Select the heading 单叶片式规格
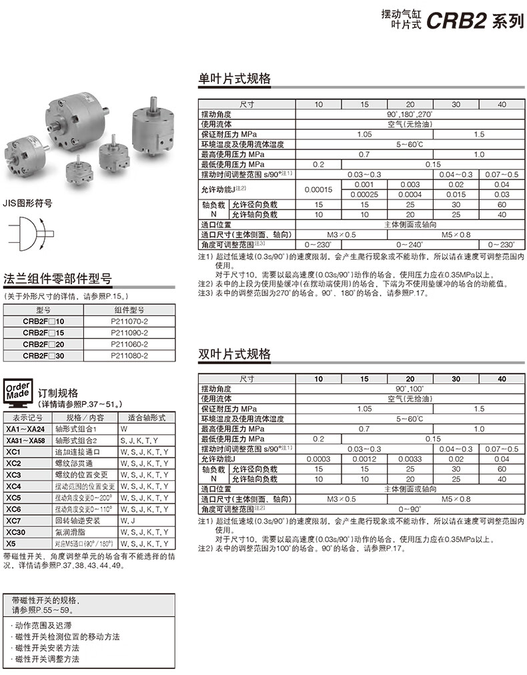235,79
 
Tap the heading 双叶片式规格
235,354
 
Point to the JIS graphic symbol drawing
30,235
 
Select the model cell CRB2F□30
43,356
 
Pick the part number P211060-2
130,344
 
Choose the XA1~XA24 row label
25,428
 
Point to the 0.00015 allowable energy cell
318,189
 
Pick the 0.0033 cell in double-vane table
410,459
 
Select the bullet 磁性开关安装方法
47,648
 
